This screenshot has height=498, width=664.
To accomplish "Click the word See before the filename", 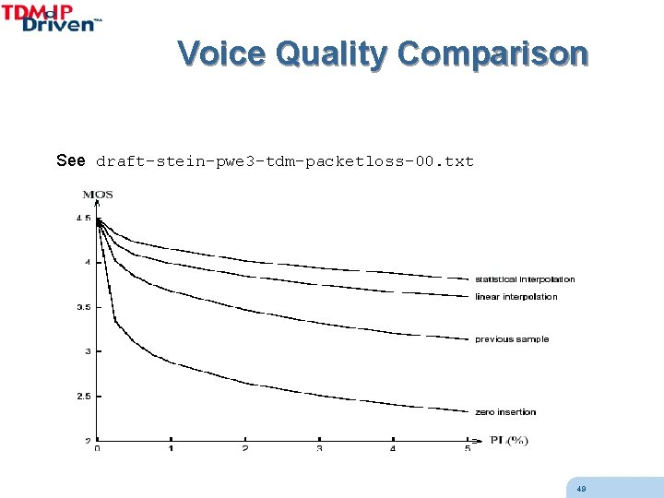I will coord(71,161).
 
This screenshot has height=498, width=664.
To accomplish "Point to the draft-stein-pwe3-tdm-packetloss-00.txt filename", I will coord(285,161).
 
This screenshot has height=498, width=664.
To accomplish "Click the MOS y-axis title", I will coord(98,195).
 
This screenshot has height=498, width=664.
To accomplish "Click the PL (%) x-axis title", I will coord(508,440).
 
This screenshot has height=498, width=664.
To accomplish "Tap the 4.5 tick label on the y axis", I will coord(83,219).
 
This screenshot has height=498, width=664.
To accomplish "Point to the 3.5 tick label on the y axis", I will coord(83,307).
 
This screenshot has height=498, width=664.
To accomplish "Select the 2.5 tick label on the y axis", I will coord(83,397).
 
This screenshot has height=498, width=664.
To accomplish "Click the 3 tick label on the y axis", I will coord(87,351).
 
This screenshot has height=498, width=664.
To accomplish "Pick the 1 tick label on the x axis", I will coord(172,449).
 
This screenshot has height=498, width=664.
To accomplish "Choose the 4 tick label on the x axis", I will coord(393,449).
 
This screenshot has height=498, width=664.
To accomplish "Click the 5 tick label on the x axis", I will coord(467,449).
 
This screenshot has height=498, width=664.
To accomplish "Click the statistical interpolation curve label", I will coord(525,279).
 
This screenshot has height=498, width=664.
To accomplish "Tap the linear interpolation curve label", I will coord(516,297).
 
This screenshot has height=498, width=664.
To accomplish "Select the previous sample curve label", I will coord(512,339).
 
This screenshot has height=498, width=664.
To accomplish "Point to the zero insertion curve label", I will coord(505,412).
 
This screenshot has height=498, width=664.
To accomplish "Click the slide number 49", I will coord(581,489).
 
